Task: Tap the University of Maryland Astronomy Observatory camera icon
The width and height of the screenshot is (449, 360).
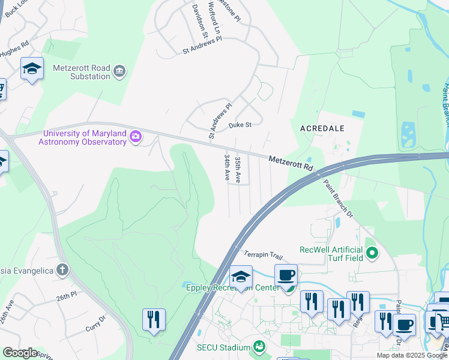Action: coord(136,137)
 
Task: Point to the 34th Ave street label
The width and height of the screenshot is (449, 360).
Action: coord(228,167)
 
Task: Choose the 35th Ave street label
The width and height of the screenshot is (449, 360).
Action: coord(238,169)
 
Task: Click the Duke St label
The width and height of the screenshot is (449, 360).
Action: coord(240,125)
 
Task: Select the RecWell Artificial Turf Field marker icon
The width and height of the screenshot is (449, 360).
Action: coord(372,253)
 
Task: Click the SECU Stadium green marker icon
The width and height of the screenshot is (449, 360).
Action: coord(259,346)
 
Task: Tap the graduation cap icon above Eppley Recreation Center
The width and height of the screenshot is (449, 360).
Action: coord(241,277)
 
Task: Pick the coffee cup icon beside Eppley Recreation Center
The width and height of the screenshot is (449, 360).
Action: coord(286,275)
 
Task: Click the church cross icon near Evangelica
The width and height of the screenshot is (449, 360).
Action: coord(62,269)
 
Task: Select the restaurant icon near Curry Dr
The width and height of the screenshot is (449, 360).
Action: coord(154,319)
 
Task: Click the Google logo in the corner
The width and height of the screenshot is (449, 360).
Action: coord(20,352)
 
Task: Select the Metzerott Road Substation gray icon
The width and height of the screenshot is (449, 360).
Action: coord(119,71)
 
